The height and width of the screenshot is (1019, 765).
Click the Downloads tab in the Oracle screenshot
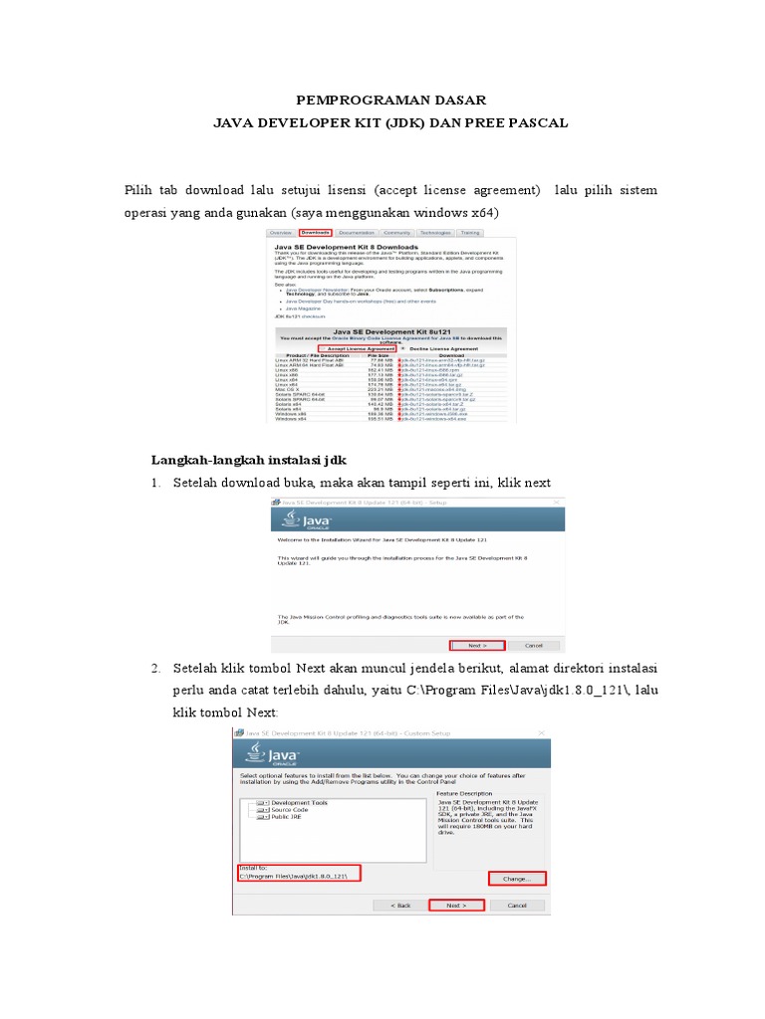tap(316, 232)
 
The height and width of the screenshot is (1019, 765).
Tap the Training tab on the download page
tap(470, 232)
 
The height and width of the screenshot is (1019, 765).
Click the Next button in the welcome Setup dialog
tap(478, 645)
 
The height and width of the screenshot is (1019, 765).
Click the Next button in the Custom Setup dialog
tap(456, 906)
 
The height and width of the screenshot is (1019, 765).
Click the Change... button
tap(516, 879)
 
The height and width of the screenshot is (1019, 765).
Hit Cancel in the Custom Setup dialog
tap(517, 906)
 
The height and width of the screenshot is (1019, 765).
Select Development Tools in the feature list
tap(299, 802)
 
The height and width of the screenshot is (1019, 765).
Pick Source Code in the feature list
tap(290, 810)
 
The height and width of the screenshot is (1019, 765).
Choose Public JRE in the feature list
tap(287, 818)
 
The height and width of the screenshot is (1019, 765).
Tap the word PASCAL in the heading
tap(538, 122)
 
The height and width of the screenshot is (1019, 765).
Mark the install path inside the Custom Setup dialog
tap(298, 875)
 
